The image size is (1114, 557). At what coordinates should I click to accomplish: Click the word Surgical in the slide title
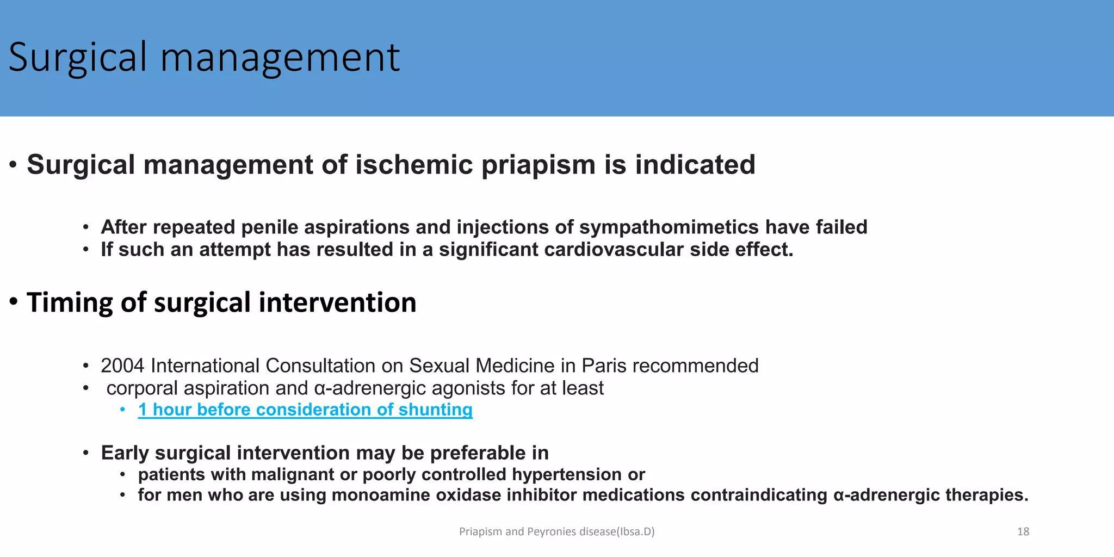point(77,57)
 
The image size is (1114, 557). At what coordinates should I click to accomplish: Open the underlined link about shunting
point(305,410)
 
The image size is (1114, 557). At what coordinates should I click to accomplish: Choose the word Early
point(125,453)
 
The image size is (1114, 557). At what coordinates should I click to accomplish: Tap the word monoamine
point(374,495)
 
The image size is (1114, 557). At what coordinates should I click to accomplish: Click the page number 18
point(1023,531)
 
